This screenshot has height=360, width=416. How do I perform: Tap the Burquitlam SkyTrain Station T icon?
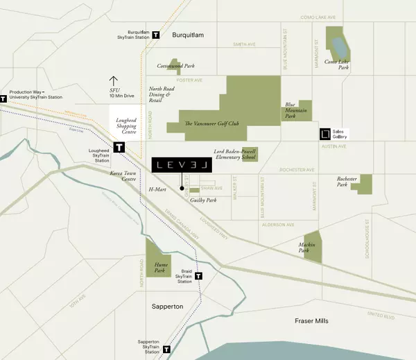click(x=156, y=34)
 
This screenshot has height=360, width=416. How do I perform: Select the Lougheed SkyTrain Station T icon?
click(x=119, y=148)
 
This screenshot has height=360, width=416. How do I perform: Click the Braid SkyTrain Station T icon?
click(x=199, y=275)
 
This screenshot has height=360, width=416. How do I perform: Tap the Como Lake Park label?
click(x=337, y=66)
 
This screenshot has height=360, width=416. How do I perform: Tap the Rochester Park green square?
click(x=361, y=183)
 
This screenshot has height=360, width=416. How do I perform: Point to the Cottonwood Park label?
click(x=175, y=66)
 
